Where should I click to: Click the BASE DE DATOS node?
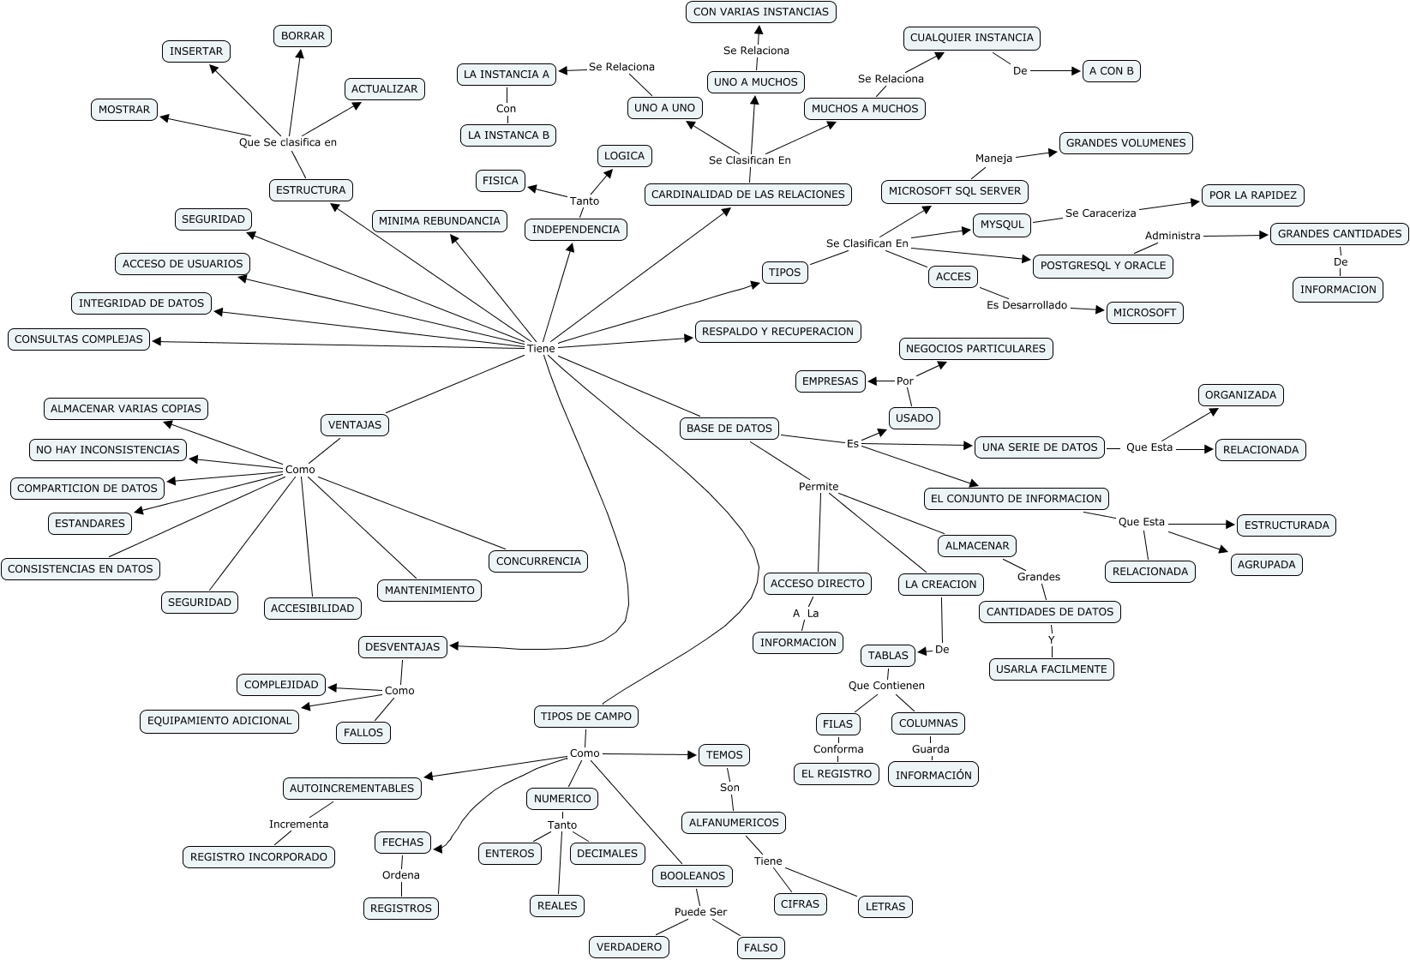729,429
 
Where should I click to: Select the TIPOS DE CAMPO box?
586,717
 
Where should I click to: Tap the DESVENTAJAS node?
402,647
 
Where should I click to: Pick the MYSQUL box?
1002,225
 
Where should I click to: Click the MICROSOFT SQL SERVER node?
955,191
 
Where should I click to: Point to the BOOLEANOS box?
693,876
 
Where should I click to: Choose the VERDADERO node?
629,947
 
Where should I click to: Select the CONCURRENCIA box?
538,561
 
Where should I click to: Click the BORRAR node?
303,36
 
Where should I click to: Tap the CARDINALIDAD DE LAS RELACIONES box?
748,195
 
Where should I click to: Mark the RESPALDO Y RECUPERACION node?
778,332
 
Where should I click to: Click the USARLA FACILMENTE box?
1052,669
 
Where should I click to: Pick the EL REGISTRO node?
836,774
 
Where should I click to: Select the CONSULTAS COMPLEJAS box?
79,339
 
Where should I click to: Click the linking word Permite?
819,487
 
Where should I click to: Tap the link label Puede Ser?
700,912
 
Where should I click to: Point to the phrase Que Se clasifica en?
288,142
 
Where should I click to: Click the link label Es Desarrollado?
1027,305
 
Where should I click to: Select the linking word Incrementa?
298,825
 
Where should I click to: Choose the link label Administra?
1173,236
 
